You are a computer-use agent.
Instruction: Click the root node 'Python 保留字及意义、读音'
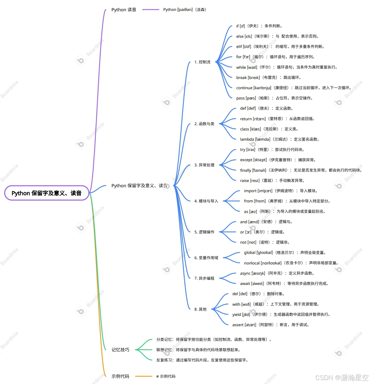point(47,193)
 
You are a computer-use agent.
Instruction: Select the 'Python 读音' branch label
point(124,10)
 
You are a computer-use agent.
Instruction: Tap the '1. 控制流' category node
point(202,62)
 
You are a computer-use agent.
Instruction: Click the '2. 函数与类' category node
point(204,124)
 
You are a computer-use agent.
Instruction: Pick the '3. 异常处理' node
point(204,165)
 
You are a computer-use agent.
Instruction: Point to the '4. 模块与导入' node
point(206,201)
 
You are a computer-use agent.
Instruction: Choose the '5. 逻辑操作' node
point(204,232)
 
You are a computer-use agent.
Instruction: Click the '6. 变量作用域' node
point(206,258)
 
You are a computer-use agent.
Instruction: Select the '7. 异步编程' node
point(204,278)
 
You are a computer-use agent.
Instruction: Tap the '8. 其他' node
point(200,309)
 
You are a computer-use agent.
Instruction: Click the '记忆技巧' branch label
point(120,350)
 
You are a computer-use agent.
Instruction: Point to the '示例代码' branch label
point(120,376)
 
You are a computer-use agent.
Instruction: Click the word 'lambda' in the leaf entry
point(247,139)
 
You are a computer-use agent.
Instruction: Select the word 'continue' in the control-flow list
point(244,88)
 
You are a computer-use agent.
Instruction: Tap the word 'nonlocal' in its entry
point(252,263)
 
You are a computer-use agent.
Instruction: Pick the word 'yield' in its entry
point(237,315)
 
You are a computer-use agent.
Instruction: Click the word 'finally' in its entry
point(246,170)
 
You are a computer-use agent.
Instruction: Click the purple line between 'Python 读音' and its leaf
point(151,10)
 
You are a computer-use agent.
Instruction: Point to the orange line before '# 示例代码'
point(144,376)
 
